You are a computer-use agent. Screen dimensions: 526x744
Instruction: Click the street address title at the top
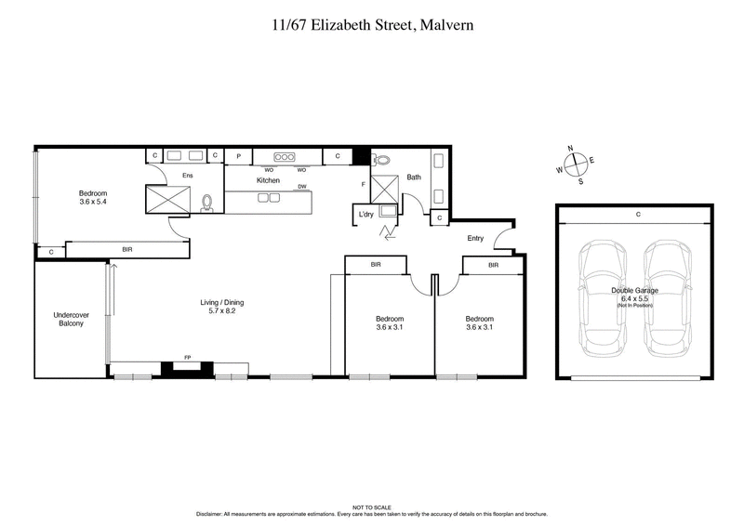pos(372,25)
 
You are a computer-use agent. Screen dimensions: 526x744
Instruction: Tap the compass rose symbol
pos(577,164)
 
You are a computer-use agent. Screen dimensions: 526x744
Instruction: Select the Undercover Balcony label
pos(71,319)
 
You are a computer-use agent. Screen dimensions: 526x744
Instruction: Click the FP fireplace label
pos(186,357)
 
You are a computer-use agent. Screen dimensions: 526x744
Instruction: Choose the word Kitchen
pos(268,180)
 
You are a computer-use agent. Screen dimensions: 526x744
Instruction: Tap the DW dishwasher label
pos(302,187)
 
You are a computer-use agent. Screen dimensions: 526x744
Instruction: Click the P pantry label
pos(238,156)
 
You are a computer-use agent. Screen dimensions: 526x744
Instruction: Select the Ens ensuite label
pos(187,175)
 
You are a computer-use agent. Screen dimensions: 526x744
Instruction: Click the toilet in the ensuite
pos(206,202)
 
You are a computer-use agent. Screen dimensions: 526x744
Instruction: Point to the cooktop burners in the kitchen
pos(285,156)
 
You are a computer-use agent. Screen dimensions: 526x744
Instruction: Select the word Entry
pos(475,238)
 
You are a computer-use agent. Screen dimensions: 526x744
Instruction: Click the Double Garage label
pos(634,291)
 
